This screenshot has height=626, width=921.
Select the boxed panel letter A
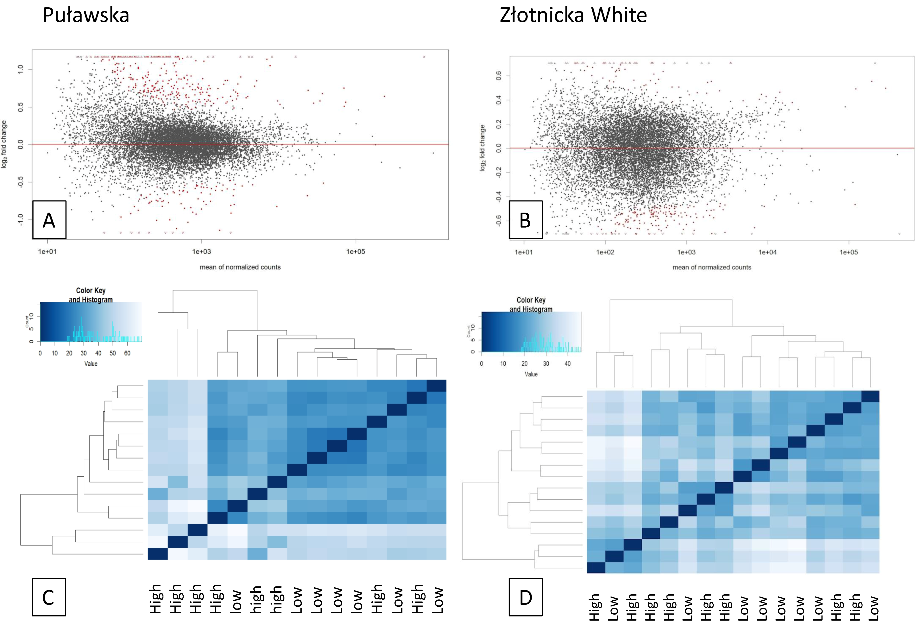[x=49, y=220]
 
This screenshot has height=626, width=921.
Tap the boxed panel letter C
[x=48, y=597]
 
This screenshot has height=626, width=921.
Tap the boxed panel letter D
[x=526, y=597]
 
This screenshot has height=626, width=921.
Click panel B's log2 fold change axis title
[x=482, y=148]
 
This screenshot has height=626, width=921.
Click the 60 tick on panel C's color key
[x=127, y=353]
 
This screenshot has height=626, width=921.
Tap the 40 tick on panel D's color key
[x=567, y=364]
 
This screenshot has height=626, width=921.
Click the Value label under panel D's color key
[x=531, y=374]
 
